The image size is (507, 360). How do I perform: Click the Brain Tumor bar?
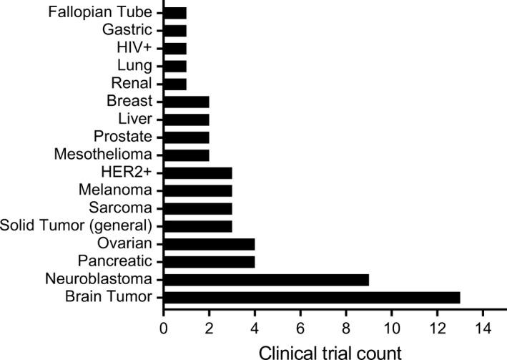312,296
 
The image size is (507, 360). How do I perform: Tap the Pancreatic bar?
209,261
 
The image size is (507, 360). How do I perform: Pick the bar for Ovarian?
209,243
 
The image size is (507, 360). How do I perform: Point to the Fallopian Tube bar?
175,13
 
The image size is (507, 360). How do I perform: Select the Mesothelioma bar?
187,155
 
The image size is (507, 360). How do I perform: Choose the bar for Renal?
175,84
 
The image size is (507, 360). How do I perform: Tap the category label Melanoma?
125,190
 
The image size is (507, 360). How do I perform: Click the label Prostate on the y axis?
128,137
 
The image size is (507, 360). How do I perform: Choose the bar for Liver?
187,119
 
